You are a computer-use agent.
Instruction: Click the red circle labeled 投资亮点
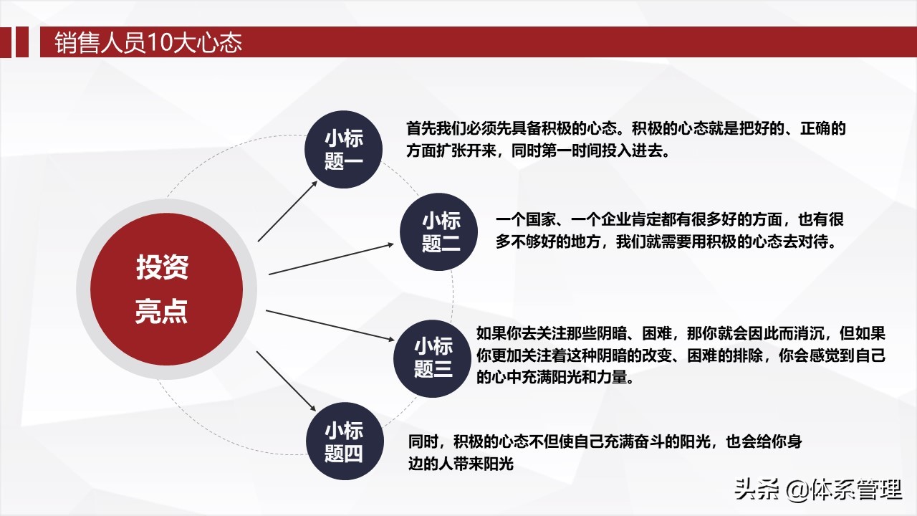point(167,289)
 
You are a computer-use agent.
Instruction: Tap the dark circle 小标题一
point(343,150)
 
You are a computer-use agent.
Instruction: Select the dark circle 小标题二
point(439,231)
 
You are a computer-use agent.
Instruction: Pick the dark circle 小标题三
point(432,359)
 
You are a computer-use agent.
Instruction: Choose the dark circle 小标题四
point(345,441)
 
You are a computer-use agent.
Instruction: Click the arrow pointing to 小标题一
point(287,211)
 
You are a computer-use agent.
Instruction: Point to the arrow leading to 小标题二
point(331,259)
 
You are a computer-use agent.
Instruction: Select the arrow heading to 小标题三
point(330,325)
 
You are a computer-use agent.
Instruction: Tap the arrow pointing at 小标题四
point(286,381)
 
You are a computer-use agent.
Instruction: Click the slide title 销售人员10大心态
point(148,42)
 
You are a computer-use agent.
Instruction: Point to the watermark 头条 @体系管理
point(818,489)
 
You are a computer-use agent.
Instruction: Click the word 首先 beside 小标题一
point(421,128)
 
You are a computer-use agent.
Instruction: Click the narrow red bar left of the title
point(22,42)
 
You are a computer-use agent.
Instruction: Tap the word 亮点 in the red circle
point(161,311)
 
